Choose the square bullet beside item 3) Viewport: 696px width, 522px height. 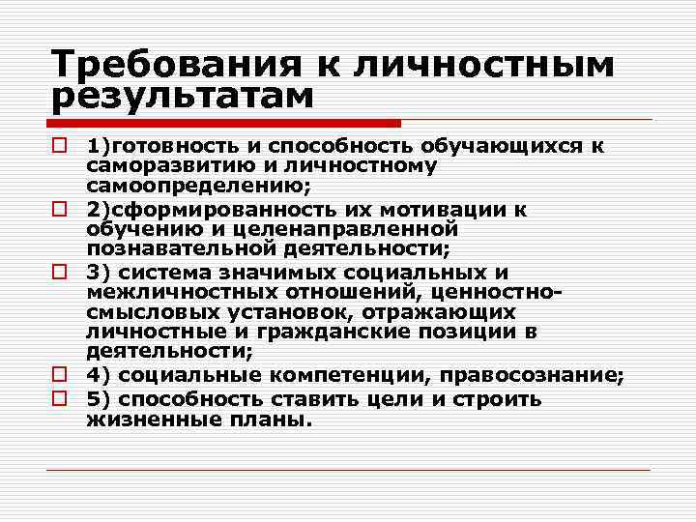click(60, 273)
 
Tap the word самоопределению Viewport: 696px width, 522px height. click(196, 188)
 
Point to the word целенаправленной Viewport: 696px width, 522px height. click(344, 230)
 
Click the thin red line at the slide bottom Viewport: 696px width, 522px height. click(348, 470)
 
